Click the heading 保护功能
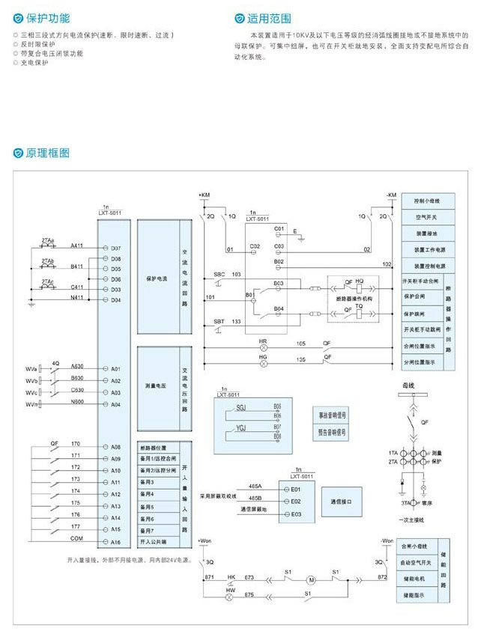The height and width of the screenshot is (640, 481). [x=49, y=16]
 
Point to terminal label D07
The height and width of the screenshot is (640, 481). [x=115, y=248]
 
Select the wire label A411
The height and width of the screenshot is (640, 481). [x=77, y=245]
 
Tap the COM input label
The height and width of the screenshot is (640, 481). [x=76, y=538]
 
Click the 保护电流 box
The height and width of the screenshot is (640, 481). [x=157, y=278]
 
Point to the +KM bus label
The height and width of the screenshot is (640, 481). [x=205, y=195]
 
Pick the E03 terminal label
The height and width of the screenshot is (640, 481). [x=295, y=514]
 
